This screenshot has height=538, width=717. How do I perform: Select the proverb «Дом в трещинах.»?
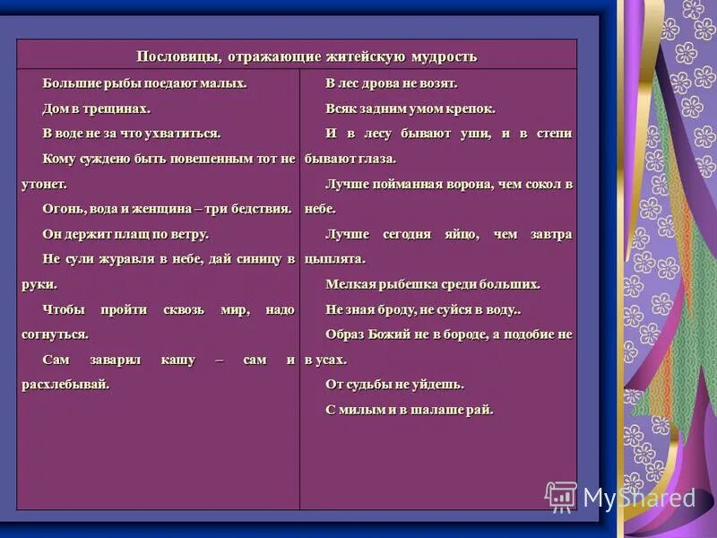96,108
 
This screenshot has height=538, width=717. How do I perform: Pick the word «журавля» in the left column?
128,258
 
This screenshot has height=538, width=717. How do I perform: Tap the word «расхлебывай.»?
65,384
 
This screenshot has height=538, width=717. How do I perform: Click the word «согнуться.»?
56,334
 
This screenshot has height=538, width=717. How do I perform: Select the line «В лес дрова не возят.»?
392,82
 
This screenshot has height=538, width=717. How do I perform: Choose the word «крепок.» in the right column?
471,108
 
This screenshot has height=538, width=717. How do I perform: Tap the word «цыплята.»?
334,258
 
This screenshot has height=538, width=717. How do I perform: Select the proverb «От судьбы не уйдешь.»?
394,384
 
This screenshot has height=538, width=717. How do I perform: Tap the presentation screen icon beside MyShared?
561,496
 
